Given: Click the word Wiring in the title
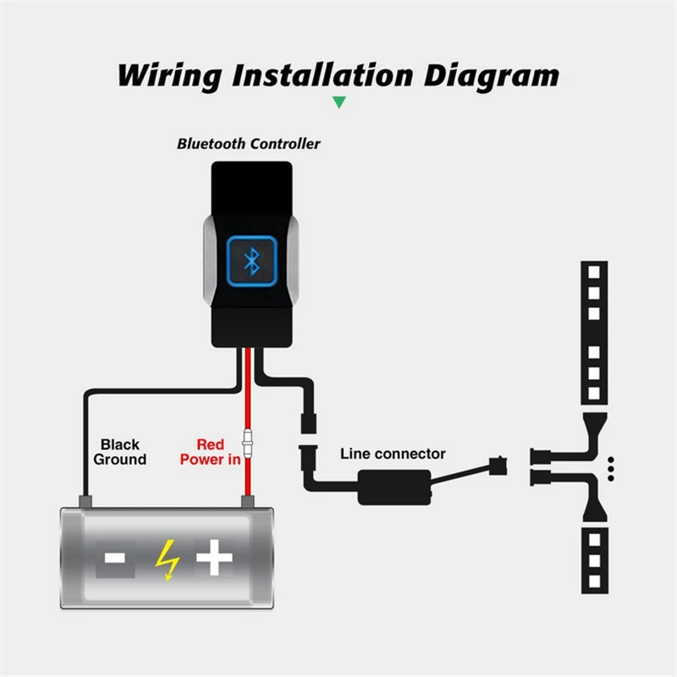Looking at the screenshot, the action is pyautogui.click(x=170, y=76).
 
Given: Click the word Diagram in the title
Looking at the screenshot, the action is pyautogui.click(x=492, y=76).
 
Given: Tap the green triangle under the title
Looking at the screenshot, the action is pyautogui.click(x=339, y=102).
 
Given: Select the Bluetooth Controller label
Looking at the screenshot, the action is pyautogui.click(x=249, y=144).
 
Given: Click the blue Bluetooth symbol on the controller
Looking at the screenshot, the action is pyautogui.click(x=251, y=261).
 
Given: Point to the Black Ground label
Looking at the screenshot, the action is pyautogui.click(x=120, y=452).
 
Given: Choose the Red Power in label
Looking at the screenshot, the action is pyautogui.click(x=210, y=452).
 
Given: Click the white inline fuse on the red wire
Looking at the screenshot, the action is pyautogui.click(x=248, y=443).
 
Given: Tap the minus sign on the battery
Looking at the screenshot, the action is pyautogui.click(x=115, y=558).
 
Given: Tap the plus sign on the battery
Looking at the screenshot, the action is pyautogui.click(x=214, y=558).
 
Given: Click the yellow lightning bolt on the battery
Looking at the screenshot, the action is pyautogui.click(x=168, y=559).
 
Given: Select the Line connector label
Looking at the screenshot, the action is pyautogui.click(x=393, y=454).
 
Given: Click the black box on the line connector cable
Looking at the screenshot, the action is pyautogui.click(x=394, y=487).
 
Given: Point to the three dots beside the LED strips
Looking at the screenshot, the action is pyautogui.click(x=610, y=469).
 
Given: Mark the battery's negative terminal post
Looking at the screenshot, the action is pyautogui.click(x=85, y=502).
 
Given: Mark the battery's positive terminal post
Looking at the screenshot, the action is pyautogui.click(x=247, y=502).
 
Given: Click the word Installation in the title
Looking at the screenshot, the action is pyautogui.click(x=323, y=76).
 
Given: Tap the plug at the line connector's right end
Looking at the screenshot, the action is pyautogui.click(x=498, y=466).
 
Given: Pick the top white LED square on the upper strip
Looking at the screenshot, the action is pyautogui.click(x=594, y=272).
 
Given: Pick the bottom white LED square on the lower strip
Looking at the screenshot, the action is pyautogui.click(x=595, y=581).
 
